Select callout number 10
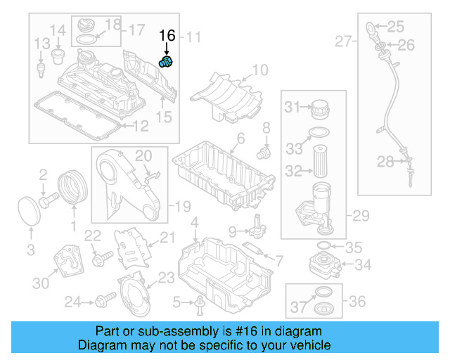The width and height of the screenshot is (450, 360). tap(259, 70)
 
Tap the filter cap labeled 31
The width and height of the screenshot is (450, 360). tap(320, 109)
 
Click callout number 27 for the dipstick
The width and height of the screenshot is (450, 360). tap(342, 42)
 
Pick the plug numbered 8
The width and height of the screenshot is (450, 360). tap(264, 150)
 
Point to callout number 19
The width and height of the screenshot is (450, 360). tap(183, 207)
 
